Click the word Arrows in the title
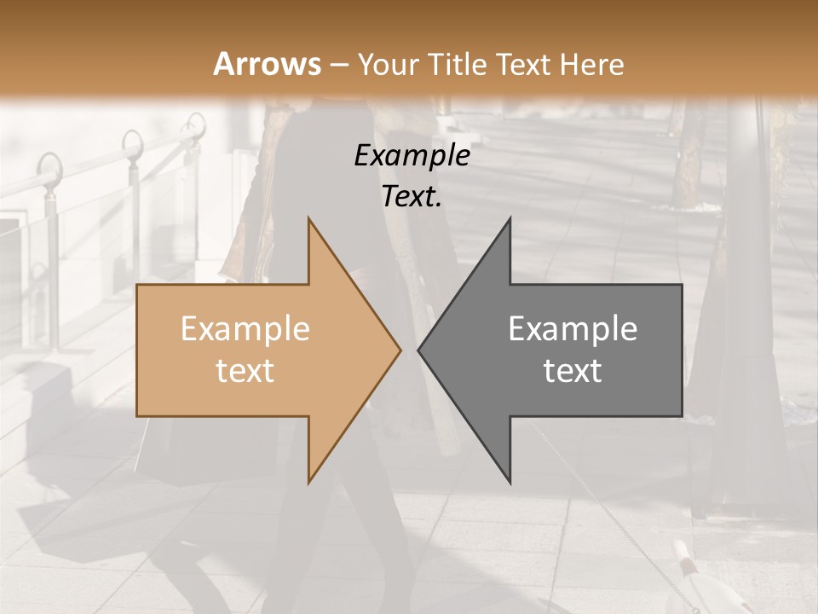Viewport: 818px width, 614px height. click(x=268, y=64)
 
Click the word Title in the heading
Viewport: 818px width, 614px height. click(x=456, y=65)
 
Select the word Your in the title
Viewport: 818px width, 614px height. click(x=387, y=65)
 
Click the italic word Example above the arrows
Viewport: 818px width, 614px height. click(x=412, y=156)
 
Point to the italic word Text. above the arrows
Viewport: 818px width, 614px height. click(x=412, y=197)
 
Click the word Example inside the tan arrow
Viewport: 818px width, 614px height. click(x=245, y=329)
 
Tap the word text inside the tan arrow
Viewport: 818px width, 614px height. click(x=245, y=371)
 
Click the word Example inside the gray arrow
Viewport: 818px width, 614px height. click(x=573, y=329)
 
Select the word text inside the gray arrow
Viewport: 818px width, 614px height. click(x=573, y=371)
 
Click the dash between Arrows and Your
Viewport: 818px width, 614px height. click(x=339, y=65)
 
